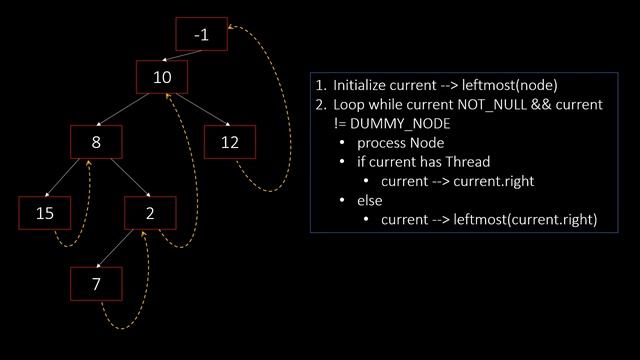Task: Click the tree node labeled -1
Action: coord(201,35)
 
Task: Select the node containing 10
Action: coord(163,78)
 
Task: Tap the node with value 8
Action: coord(96,142)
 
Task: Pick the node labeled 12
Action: coord(230,142)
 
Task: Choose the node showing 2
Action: coord(149,213)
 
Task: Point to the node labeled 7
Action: coord(96,284)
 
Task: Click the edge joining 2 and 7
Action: coord(122,249)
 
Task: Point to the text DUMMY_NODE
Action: coord(401,123)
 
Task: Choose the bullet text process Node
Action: coord(400,143)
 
